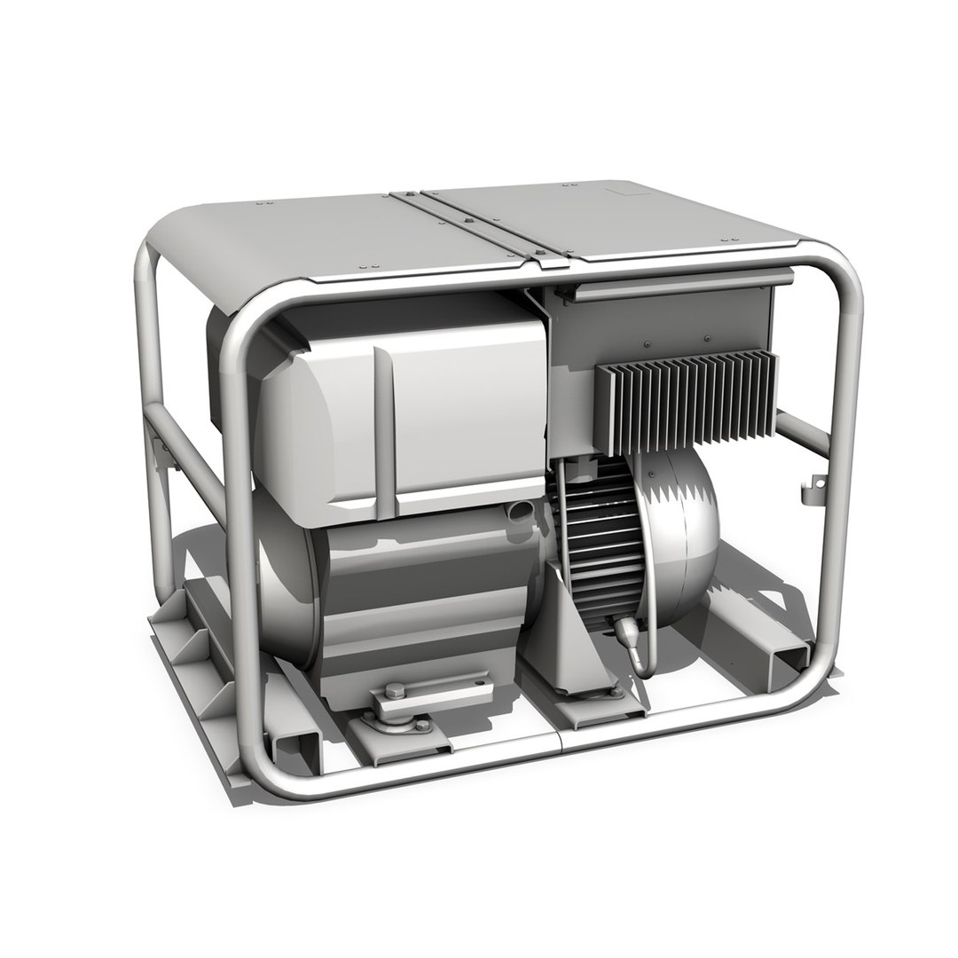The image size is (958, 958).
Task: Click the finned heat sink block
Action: (685, 404)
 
